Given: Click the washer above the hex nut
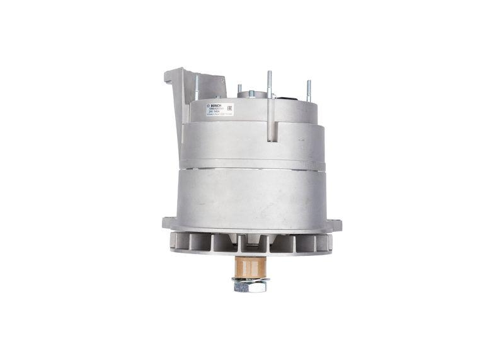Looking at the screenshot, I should tap(249, 278).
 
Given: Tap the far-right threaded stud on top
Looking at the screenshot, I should tap(309, 91).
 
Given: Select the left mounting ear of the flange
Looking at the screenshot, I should tap(168, 223).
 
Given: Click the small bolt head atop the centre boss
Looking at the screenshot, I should tap(251, 94).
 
